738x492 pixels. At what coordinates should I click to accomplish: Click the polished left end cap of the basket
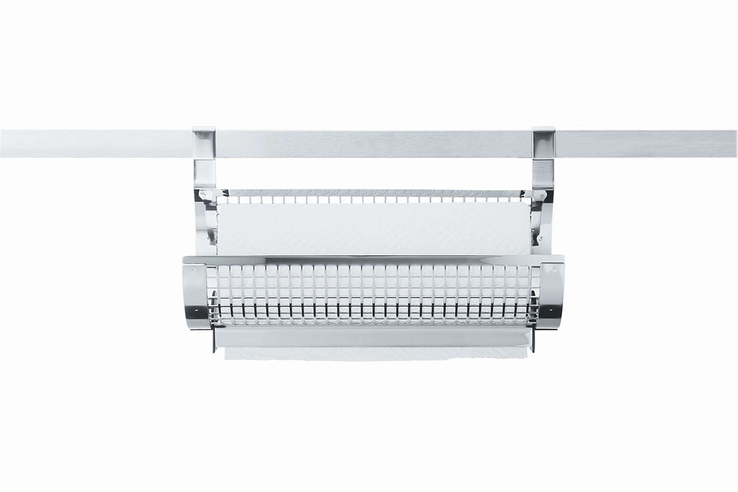[x=196, y=290]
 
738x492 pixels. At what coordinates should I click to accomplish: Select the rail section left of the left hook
[x=93, y=143]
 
